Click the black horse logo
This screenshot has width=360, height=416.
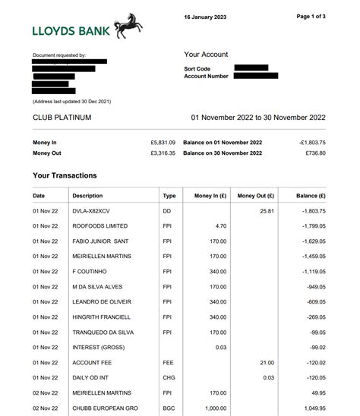click(x=128, y=27)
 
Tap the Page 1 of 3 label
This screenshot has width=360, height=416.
click(x=311, y=17)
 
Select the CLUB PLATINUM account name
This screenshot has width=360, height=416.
click(x=62, y=118)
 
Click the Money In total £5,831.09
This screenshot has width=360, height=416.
click(x=163, y=143)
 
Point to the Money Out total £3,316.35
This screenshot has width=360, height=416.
click(x=163, y=153)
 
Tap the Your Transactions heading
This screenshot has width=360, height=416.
click(x=65, y=175)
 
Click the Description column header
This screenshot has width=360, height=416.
click(x=87, y=196)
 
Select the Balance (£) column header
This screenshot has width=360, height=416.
click(x=311, y=196)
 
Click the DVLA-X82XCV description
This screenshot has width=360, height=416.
click(x=91, y=211)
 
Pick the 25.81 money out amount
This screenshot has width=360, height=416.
click(x=267, y=211)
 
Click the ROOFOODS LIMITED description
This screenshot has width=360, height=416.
click(x=99, y=226)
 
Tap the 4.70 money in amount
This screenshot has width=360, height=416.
click(x=220, y=226)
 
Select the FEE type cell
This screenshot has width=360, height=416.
click(x=169, y=363)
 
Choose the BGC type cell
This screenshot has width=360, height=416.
click(x=169, y=408)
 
